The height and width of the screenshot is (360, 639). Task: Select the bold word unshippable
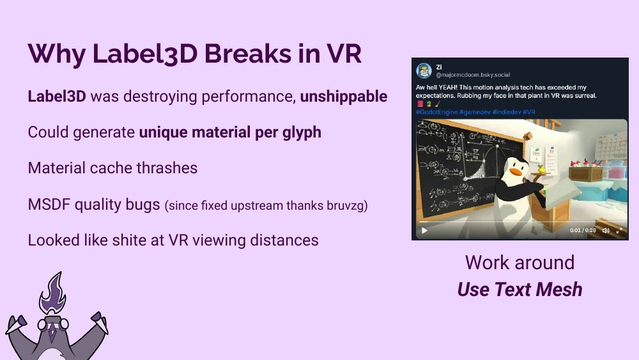pos(344,97)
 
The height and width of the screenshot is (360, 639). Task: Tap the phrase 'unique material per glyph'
pos(230,132)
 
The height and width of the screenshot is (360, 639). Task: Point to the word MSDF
pos(49,205)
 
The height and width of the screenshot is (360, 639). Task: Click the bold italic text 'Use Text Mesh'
pos(520,290)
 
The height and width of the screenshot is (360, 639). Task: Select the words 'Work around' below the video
pos(520,262)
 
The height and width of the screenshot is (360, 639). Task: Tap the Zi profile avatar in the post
pos(423,70)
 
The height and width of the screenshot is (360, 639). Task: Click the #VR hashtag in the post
pos(529,111)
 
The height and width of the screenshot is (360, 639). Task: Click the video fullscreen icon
pos(619,231)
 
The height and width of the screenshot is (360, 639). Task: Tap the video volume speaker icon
pos(605,231)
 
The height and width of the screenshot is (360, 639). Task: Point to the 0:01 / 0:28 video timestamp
pos(583,231)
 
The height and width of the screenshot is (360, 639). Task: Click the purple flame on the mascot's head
pos(51,292)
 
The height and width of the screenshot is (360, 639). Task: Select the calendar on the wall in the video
pos(610,146)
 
